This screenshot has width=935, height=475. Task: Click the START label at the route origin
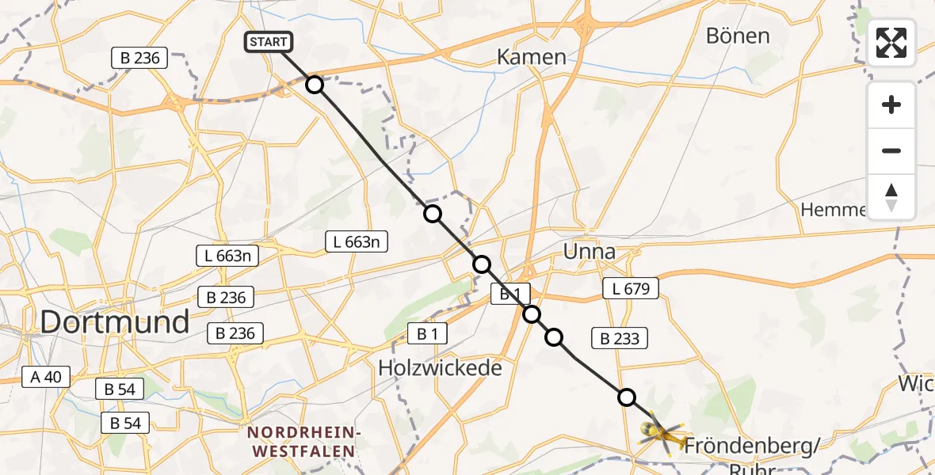269,42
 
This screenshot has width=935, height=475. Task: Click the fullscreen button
891,43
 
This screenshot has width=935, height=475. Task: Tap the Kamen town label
531,57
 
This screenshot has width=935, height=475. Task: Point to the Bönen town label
737,36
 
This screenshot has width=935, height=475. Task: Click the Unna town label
589,252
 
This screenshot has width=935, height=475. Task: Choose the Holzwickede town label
440,368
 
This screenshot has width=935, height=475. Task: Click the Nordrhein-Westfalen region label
304,442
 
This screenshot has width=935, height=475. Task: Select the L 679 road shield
631,288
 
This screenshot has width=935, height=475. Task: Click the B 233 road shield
620,339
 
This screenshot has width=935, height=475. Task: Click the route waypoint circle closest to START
315,85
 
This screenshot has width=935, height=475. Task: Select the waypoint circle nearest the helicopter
627,397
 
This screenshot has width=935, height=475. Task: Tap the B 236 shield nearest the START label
140,58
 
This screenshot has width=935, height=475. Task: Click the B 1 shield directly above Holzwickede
427,334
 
